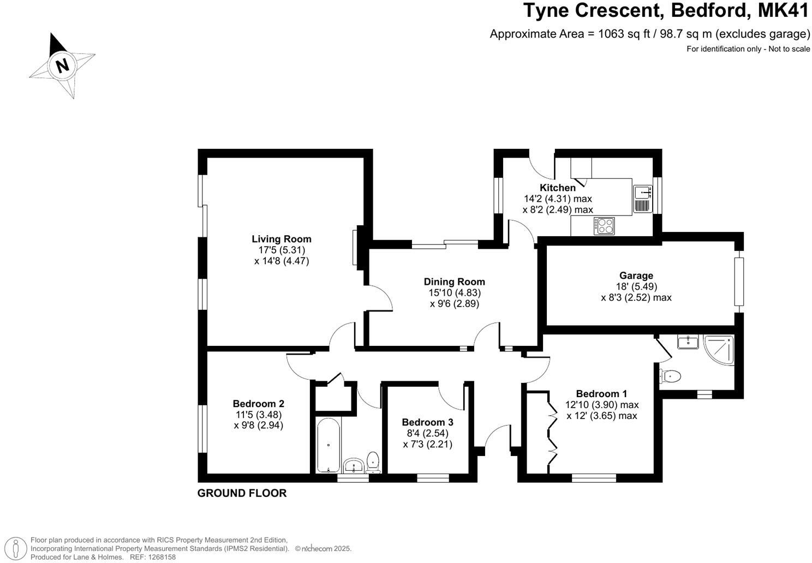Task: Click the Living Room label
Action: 281,239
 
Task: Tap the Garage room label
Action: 636,275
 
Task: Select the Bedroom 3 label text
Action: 427,422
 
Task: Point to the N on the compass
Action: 62,65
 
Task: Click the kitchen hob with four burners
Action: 604,225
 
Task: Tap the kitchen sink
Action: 642,192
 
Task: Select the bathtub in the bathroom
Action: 329,445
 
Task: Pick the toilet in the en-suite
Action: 670,376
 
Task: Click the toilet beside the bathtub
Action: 373,462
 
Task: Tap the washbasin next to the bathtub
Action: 354,466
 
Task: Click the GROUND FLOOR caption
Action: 242,493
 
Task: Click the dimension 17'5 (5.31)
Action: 281,250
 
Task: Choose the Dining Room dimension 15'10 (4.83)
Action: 454,292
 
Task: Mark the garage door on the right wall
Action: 739,282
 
